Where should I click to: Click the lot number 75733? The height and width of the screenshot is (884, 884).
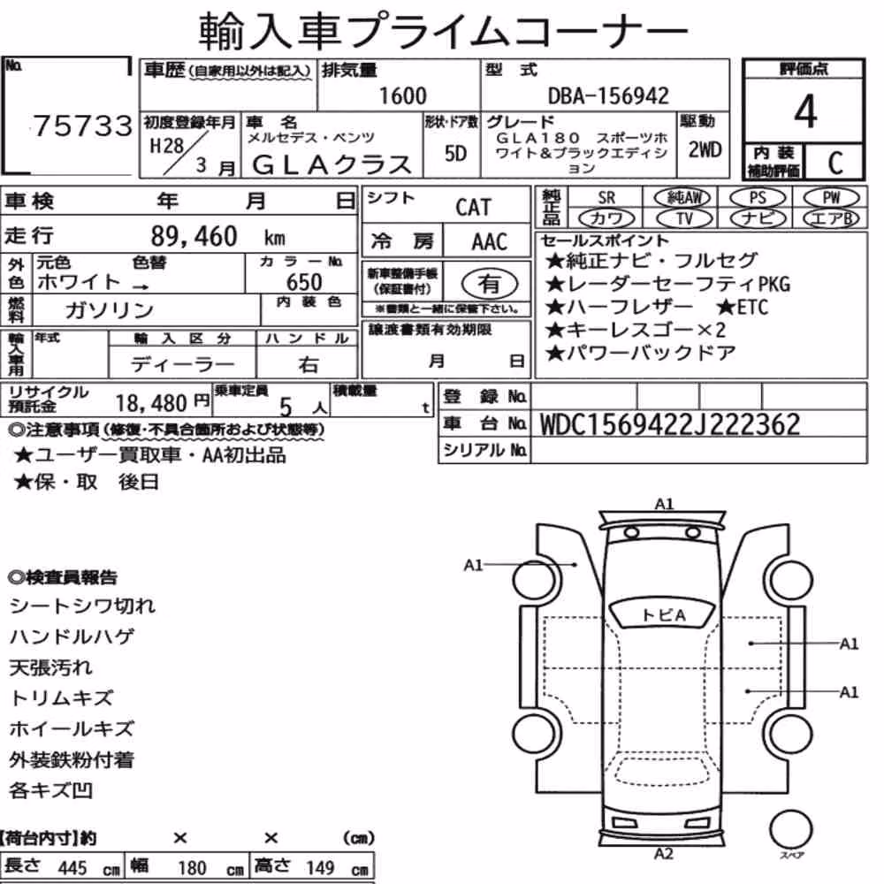pyautogui.click(x=83, y=126)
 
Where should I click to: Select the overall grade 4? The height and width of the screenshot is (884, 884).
pyautogui.click(x=805, y=111)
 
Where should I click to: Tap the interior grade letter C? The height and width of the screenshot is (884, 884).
pyautogui.click(x=835, y=163)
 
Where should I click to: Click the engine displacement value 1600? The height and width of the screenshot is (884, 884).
pyautogui.click(x=402, y=95)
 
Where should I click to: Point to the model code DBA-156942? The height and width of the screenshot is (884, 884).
pyautogui.click(x=608, y=95)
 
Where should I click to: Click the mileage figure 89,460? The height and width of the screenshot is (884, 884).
pyautogui.click(x=194, y=236)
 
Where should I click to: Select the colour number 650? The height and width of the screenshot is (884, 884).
pyautogui.click(x=304, y=281)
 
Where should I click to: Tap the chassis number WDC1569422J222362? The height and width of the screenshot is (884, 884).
pyautogui.click(x=670, y=424)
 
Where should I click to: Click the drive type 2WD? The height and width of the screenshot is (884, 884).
pyautogui.click(x=705, y=149)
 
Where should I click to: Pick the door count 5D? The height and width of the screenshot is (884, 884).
pyautogui.click(x=455, y=153)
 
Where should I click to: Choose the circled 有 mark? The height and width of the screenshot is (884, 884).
pyautogui.click(x=490, y=284)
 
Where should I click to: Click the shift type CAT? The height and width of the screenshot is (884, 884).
pyautogui.click(x=473, y=207)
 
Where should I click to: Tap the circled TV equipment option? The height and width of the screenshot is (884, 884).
pyautogui.click(x=684, y=218)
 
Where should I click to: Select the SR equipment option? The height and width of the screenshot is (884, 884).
pyautogui.click(x=606, y=198)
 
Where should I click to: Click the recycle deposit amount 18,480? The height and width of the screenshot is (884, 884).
pyautogui.click(x=150, y=403)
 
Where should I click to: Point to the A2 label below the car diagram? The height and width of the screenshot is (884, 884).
pyautogui.click(x=664, y=854)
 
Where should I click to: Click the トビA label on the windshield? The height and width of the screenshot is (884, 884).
pyautogui.click(x=664, y=614)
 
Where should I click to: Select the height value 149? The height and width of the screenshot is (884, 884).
pyautogui.click(x=320, y=867)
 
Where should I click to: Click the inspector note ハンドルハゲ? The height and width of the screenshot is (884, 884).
pyautogui.click(x=72, y=636)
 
